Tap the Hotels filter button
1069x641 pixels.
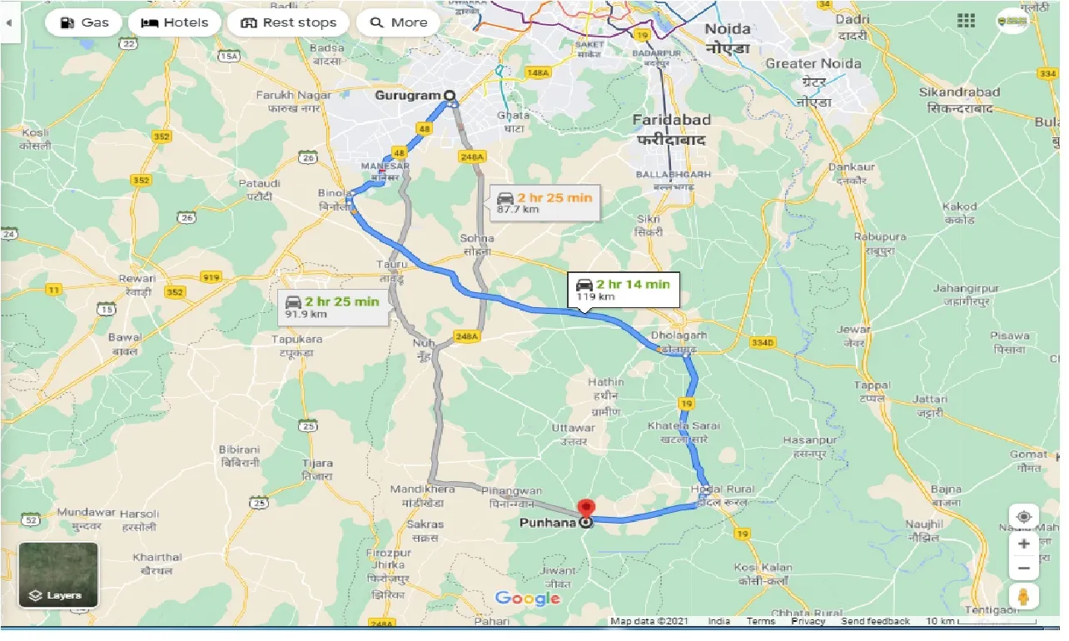(175, 22)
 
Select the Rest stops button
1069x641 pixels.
(288, 22)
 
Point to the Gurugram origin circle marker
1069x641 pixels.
(450, 96)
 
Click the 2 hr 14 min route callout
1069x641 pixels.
(624, 289)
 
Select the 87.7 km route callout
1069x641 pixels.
(544, 202)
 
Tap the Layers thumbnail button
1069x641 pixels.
(58, 575)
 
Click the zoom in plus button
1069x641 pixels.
(1024, 543)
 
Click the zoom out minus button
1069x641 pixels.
(1024, 569)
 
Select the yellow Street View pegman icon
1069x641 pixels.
(1024, 597)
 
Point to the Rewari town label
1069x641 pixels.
(137, 284)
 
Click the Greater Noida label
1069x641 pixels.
(813, 64)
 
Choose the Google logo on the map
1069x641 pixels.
(527, 599)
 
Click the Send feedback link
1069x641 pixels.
(875, 621)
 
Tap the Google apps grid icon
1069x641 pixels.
(967, 21)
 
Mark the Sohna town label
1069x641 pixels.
(476, 244)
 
